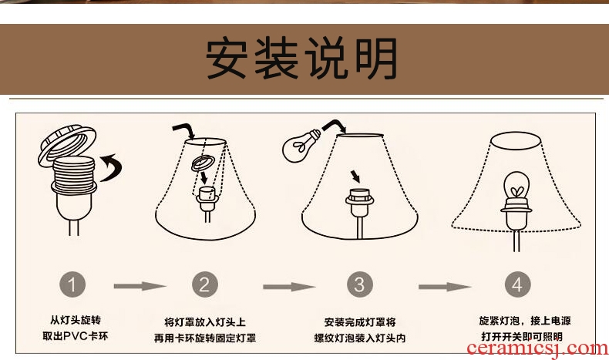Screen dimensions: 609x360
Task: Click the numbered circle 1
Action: (72, 284)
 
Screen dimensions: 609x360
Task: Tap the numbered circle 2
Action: (205, 284)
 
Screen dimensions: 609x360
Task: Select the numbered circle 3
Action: (360, 284)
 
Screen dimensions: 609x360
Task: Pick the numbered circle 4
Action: (518, 284)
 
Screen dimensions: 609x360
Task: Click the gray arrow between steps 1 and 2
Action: (140, 286)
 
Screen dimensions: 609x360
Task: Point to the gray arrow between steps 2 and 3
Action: (289, 287)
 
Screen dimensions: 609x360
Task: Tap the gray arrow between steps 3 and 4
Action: (445, 287)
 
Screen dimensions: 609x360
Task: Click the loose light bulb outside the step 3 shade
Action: (301, 146)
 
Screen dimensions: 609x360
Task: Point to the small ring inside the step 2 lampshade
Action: (203, 163)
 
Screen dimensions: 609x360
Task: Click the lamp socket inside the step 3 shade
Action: (360, 204)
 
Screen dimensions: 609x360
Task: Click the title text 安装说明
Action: (301, 59)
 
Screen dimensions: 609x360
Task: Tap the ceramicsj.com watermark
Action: (537, 348)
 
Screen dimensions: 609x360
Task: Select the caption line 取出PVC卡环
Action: (76, 336)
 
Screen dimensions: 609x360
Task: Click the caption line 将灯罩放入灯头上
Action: (205, 322)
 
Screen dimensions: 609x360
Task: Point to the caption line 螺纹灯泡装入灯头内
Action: (360, 338)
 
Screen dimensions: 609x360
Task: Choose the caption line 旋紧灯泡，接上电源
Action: (525, 321)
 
